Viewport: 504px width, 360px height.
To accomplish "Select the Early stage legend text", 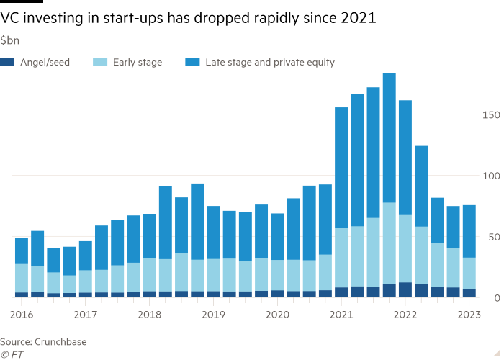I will (x=137, y=63).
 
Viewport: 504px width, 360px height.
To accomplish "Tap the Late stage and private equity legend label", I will (x=269, y=63).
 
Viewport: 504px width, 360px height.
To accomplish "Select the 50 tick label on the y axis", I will (x=490, y=237).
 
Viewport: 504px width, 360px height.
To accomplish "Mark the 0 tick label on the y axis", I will (x=493, y=297).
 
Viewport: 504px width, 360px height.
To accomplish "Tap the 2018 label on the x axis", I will (x=149, y=315).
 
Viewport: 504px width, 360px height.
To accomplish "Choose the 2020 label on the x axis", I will (x=277, y=315).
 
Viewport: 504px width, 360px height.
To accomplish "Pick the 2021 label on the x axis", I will (x=341, y=315).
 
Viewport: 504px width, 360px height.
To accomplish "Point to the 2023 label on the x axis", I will (x=469, y=315).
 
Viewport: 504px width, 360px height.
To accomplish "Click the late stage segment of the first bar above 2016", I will (x=22, y=251).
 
